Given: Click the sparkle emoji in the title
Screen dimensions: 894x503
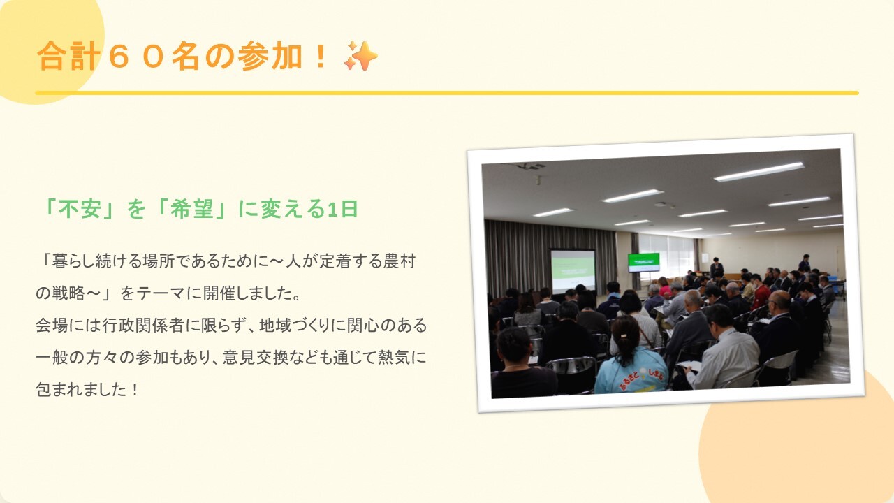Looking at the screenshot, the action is (361, 55).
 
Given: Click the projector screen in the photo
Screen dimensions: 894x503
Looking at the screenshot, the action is (573, 270).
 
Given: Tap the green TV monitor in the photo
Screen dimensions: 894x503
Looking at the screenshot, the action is (644, 262).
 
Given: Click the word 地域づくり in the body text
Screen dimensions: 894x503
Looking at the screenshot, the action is (295, 326).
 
